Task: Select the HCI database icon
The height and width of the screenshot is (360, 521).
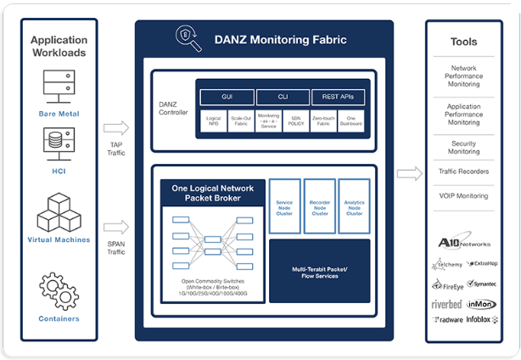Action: pos(59,142)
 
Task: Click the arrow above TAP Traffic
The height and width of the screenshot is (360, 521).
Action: pos(116,128)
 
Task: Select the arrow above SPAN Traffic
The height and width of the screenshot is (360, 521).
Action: pos(116,227)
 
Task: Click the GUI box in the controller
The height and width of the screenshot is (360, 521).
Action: pos(226,96)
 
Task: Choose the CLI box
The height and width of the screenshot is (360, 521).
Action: pos(283,96)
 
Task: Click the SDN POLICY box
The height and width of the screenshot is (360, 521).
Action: pos(297,122)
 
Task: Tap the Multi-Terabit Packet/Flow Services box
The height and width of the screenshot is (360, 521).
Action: pos(319,271)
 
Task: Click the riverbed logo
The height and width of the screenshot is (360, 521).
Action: pos(447,303)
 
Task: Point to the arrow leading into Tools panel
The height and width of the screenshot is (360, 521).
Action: pos(409,174)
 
